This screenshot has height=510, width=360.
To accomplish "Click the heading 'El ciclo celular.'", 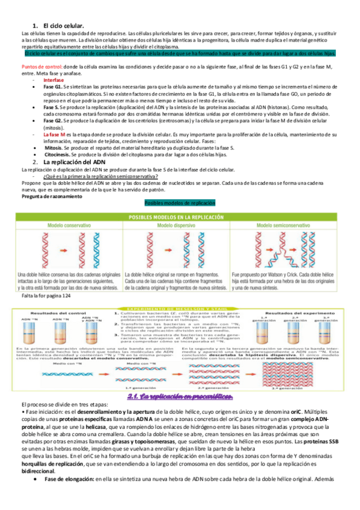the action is coord(61,26).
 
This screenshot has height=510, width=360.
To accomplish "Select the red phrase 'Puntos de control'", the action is coord(41,67).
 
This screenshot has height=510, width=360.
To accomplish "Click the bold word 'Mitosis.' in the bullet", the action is coord(56,147).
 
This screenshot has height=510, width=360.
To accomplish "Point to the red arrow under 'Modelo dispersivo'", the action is coord(180,247).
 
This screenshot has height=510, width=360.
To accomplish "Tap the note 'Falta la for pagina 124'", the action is coord(46,296).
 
